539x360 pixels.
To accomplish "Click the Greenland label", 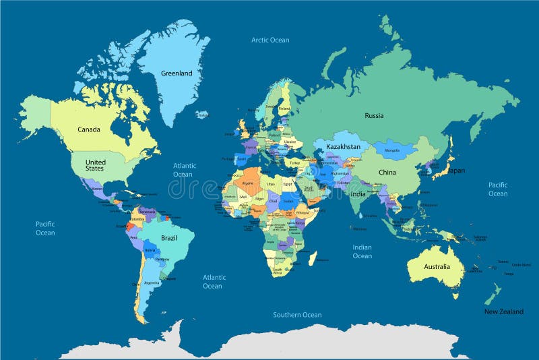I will coord(177,73).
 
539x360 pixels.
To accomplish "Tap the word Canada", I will coord(89,129).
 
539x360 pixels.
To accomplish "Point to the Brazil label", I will coord(168,238).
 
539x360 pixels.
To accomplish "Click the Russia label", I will coord(374,116).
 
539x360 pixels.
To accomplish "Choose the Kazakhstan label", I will coord(343,147).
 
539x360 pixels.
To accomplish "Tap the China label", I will coord(387,173).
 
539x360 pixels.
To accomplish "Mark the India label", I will coord(358,195).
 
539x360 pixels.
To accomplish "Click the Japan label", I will coord(456,171).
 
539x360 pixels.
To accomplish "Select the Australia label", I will coord(437,267).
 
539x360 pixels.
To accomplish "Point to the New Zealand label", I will coord(504,311).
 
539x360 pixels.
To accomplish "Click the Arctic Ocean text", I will coord(270,40).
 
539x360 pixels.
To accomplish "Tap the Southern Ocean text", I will coord(297,315).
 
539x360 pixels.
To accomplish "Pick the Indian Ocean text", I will coord(362,251).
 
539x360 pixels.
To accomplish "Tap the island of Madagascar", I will coord(312,258).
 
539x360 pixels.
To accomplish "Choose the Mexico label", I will coord(97,189).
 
